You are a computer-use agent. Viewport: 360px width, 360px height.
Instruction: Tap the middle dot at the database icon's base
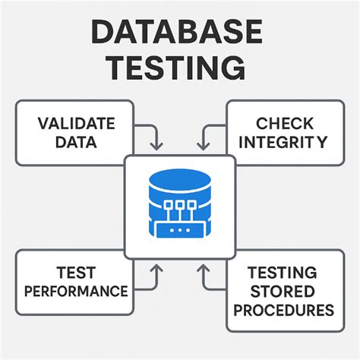(179, 229)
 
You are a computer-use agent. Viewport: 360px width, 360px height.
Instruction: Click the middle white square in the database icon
(179, 204)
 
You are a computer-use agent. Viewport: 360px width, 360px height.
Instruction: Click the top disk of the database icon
(179, 181)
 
